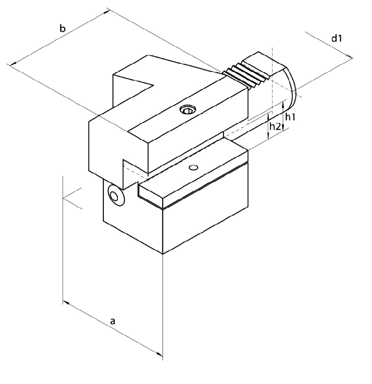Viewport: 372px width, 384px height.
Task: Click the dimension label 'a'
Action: [x=113, y=321]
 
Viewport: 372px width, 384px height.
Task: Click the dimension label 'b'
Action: [x=63, y=29]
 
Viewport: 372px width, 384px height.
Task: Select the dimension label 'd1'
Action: [x=336, y=39]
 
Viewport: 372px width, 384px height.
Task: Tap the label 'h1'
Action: [x=290, y=117]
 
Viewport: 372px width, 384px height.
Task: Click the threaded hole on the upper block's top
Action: [x=187, y=109]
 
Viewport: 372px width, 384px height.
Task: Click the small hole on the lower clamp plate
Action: [x=194, y=168]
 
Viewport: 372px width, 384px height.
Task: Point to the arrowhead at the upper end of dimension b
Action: [x=107, y=10]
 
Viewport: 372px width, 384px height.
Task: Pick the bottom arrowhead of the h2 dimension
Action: [x=268, y=136]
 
